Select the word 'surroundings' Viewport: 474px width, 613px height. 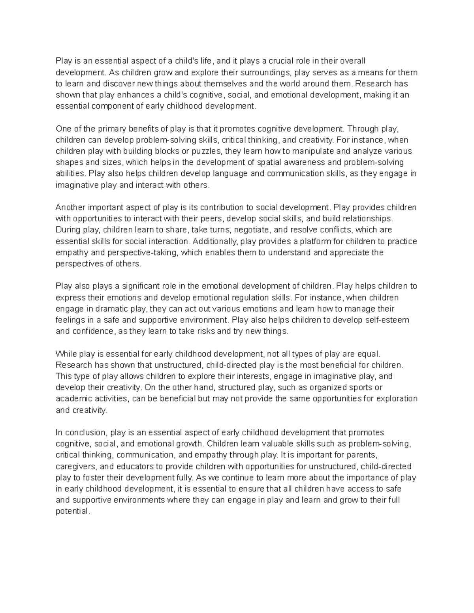coord(265,72)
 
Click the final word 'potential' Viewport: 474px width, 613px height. coord(73,511)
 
